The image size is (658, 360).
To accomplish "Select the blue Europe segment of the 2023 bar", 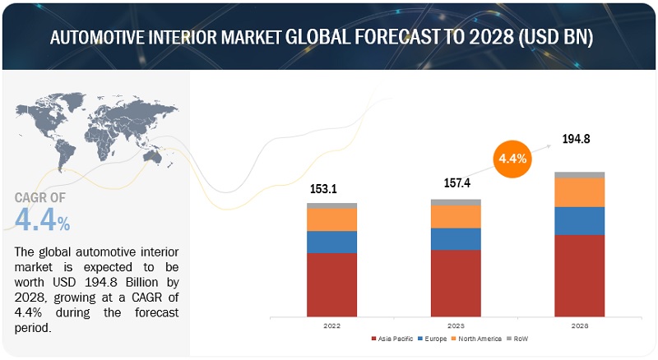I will tap(456, 238).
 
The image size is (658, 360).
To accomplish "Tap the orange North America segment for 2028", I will tap(580, 192).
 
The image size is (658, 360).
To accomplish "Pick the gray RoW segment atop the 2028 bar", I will tap(580, 175).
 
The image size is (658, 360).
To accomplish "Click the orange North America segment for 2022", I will tap(332, 219).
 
